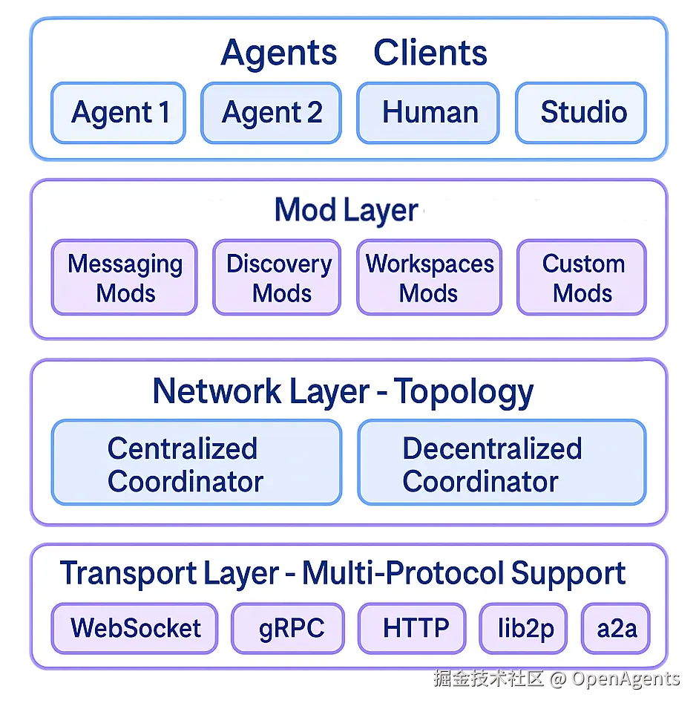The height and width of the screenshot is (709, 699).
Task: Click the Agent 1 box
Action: (x=118, y=113)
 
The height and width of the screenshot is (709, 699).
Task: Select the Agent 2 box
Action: (x=271, y=113)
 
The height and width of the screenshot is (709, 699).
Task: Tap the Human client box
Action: (x=427, y=113)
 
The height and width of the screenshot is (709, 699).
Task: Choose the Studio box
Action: (x=581, y=113)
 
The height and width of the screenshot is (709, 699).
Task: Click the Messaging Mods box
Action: (x=124, y=278)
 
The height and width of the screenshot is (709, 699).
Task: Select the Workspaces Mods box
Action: (x=429, y=278)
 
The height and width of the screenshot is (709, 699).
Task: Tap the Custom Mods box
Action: (x=582, y=278)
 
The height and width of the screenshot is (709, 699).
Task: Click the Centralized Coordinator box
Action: (x=196, y=463)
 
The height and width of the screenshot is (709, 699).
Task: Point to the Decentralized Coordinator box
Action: (x=502, y=463)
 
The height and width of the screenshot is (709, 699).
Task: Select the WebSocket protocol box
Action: (x=134, y=628)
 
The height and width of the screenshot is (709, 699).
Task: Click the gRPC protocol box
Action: (x=289, y=628)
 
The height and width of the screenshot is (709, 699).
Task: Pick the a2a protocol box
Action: (x=616, y=628)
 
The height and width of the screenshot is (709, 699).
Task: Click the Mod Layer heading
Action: (x=346, y=210)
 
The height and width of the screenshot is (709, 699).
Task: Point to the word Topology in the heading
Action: (x=464, y=391)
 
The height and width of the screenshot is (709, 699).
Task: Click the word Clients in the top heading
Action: (x=430, y=53)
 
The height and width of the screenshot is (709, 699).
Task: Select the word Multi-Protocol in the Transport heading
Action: (x=403, y=573)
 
